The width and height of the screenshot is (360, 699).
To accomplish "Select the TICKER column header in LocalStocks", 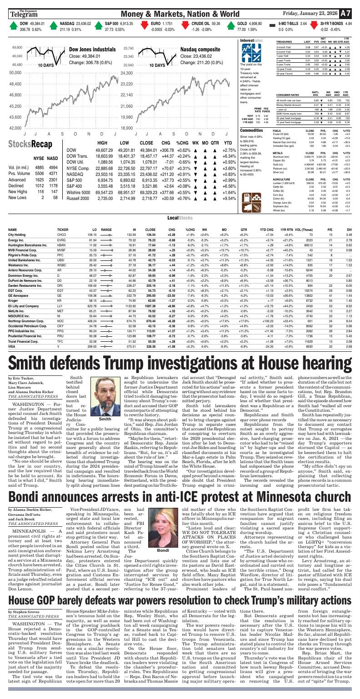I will click(63, 230).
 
